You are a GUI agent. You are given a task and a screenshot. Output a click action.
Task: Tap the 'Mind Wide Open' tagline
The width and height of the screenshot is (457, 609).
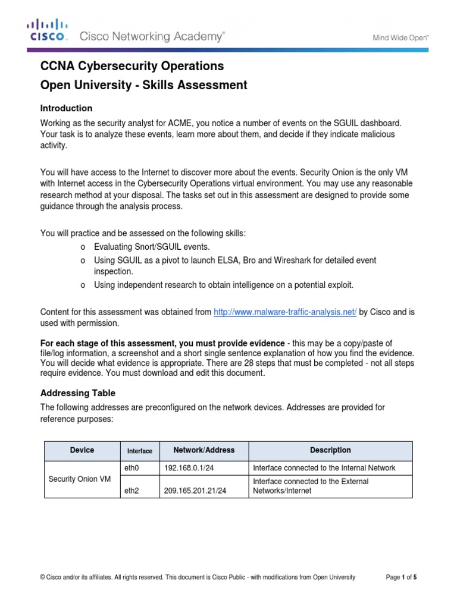click(400, 37)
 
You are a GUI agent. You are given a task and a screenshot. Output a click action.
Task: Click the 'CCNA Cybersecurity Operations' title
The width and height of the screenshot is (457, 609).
click(132, 65)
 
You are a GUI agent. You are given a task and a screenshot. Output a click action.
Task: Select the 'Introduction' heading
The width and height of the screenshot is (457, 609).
click(66, 108)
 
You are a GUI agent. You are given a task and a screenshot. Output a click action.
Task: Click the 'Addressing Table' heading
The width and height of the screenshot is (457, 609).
click(77, 393)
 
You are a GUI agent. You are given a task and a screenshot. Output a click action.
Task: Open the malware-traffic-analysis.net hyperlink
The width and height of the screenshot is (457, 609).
click(284, 312)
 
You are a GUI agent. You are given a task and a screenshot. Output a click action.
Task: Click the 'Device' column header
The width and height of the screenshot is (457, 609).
click(82, 450)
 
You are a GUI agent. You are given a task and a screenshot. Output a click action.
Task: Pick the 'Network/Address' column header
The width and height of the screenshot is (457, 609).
click(204, 450)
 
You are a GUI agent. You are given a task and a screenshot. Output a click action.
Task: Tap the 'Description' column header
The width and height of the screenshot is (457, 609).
click(330, 450)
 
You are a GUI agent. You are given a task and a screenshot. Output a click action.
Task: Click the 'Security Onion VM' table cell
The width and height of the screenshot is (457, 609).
click(79, 478)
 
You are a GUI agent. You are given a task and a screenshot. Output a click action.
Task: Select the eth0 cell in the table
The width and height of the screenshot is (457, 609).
click(132, 468)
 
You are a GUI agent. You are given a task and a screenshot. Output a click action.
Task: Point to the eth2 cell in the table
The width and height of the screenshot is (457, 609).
click(132, 491)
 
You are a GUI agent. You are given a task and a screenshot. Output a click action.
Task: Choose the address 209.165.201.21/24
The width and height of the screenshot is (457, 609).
click(196, 491)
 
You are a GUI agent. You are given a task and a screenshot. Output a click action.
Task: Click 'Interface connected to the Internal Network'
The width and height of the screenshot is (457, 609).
click(324, 468)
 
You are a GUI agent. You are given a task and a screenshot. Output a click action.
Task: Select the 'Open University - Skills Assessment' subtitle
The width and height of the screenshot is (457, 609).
click(143, 85)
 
